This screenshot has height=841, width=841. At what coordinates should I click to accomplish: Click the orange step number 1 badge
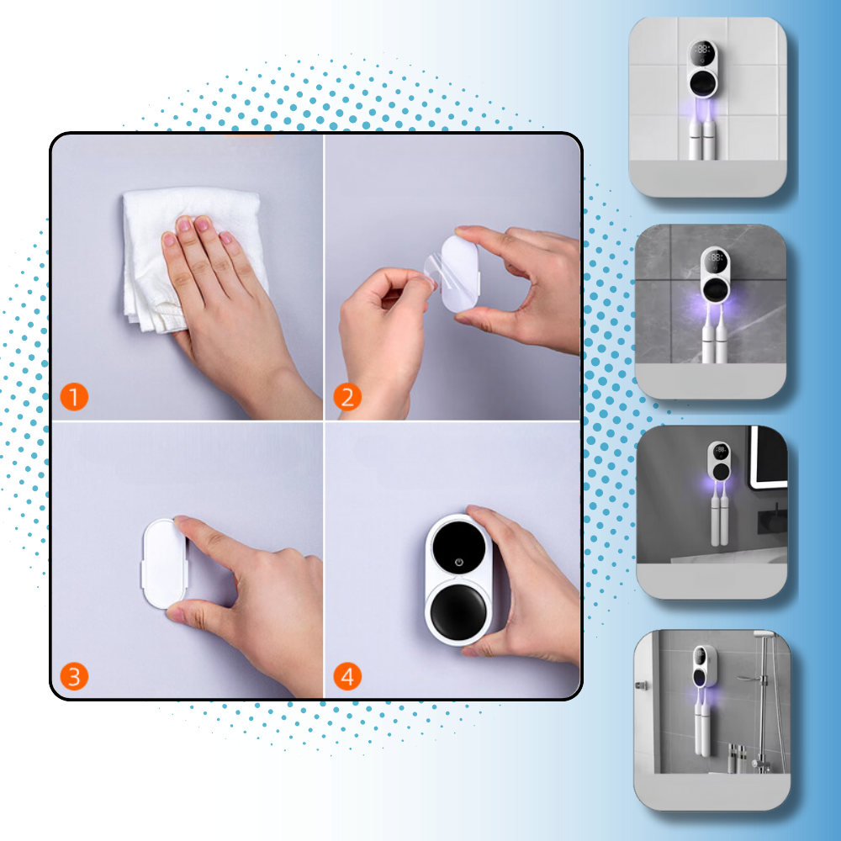[x=74, y=397]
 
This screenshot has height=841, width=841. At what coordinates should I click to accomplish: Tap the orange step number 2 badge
[x=347, y=397]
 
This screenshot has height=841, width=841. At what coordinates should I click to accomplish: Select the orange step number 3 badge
[x=74, y=676]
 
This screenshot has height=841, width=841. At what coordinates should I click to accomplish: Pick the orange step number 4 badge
[x=347, y=676]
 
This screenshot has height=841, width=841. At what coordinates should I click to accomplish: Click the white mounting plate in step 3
[x=164, y=564]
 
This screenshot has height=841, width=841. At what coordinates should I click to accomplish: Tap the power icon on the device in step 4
[x=459, y=562]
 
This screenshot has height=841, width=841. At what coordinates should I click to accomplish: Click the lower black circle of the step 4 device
[x=458, y=611]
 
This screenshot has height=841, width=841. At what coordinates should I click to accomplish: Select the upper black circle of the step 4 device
[x=459, y=547]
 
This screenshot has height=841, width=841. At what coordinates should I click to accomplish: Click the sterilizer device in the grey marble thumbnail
[x=716, y=275]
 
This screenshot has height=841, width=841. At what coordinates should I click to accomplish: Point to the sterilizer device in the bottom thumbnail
[x=705, y=666]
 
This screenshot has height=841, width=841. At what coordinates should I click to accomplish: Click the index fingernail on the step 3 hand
[x=181, y=519]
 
